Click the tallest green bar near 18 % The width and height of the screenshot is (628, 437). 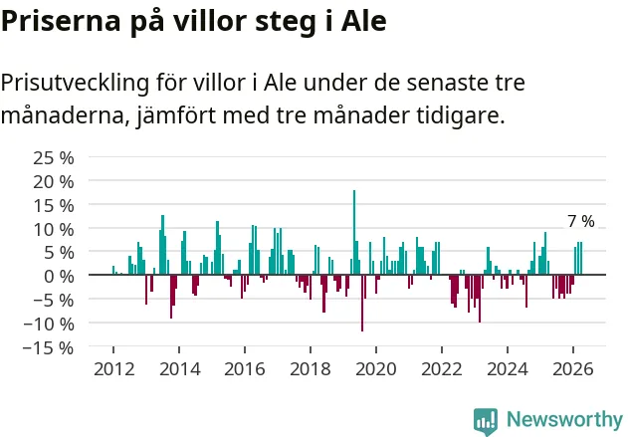(x=354, y=232)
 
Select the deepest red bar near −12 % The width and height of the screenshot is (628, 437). (x=362, y=304)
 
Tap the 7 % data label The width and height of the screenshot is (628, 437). (x=581, y=221)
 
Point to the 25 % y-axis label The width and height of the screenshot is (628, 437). (x=54, y=158)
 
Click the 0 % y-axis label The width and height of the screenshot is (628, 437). (x=60, y=277)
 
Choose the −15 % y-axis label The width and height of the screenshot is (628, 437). (x=49, y=347)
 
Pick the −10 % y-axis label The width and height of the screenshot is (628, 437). (x=49, y=325)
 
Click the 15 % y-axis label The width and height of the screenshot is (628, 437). (x=54, y=206)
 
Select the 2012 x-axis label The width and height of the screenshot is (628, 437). (x=114, y=369)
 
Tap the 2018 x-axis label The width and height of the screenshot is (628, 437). (x=311, y=369)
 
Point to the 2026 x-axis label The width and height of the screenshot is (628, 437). (x=573, y=369)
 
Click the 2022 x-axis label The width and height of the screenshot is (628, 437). (x=442, y=369)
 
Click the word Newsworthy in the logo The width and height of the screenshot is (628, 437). (x=564, y=419)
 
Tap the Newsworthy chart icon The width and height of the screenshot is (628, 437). (x=486, y=421)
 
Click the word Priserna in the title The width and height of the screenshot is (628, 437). (x=61, y=21)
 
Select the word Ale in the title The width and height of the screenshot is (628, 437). (x=364, y=21)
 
